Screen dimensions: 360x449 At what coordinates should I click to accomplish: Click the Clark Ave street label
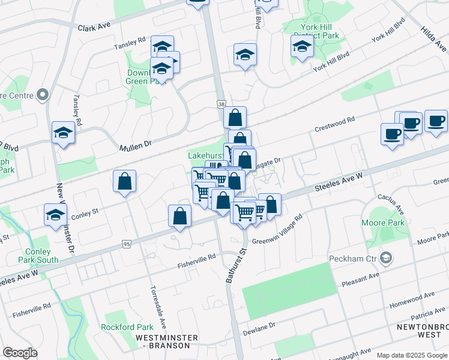click(95, 27)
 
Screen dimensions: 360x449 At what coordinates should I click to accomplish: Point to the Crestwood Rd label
click(335, 125)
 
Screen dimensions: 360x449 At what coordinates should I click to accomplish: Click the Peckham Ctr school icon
click(387, 259)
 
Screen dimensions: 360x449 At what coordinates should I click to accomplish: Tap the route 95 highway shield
click(125, 244)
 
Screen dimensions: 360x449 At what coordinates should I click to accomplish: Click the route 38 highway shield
click(221, 104)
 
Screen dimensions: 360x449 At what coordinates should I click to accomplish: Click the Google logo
click(20, 353)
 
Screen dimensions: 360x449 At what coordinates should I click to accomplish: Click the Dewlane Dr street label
click(259, 329)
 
